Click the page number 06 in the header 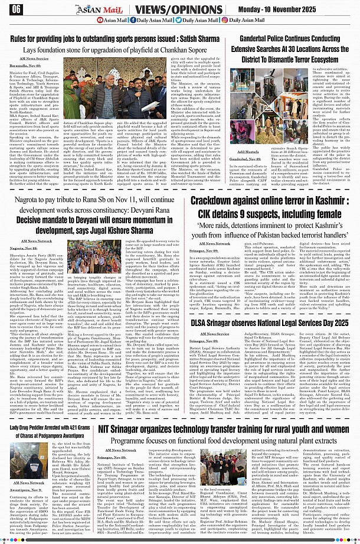(16, 9)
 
